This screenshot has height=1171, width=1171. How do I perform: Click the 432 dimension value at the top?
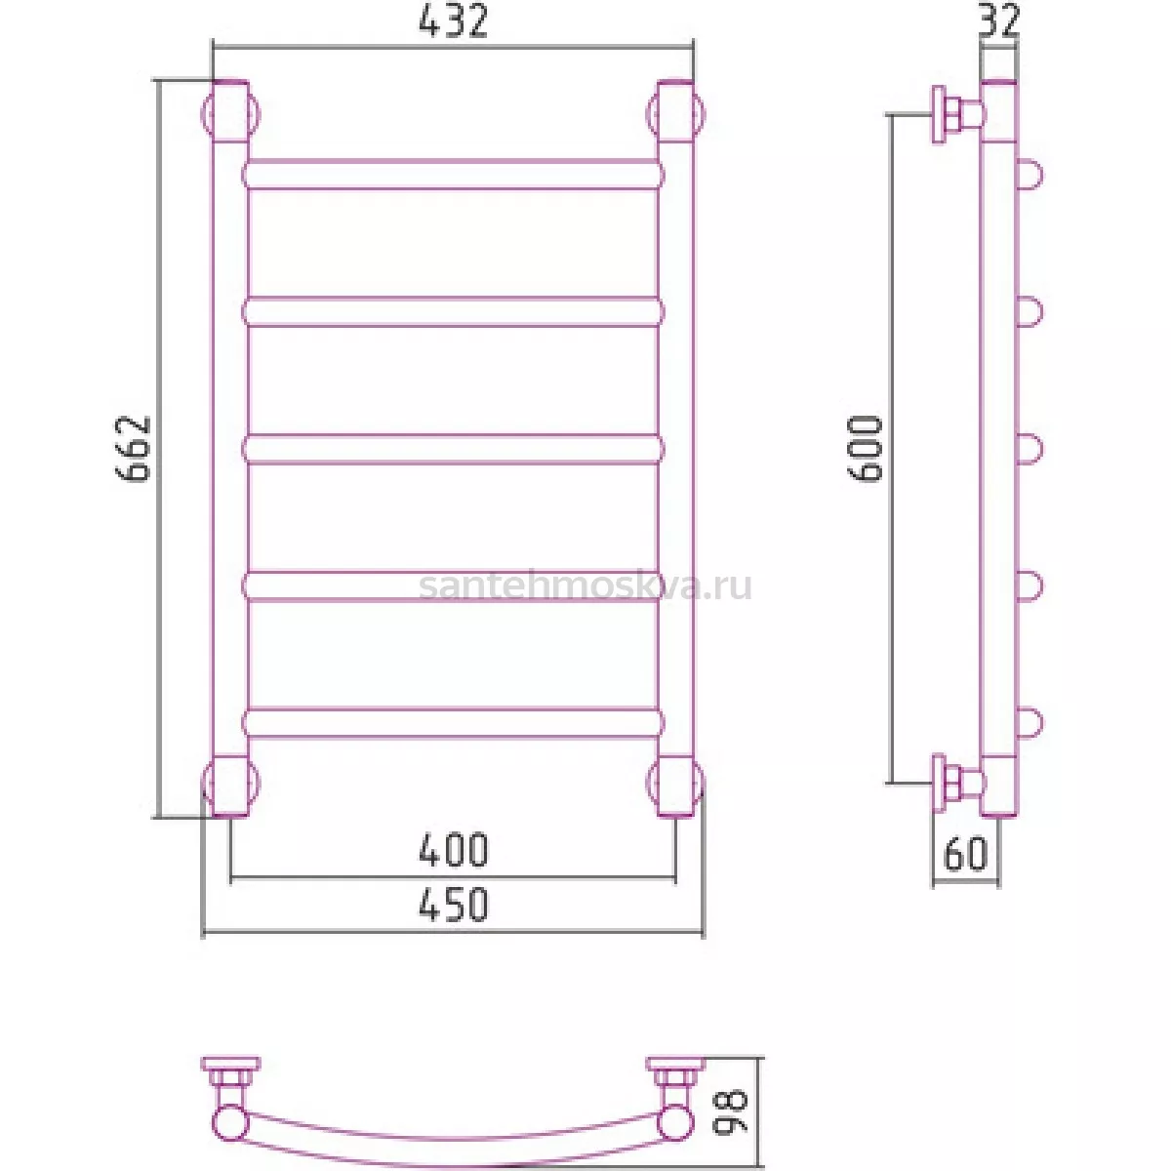tap(453, 21)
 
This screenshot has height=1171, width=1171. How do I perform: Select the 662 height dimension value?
tap(133, 449)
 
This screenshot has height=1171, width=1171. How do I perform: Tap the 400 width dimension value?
tap(454, 850)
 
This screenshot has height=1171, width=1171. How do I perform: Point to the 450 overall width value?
tap(454, 905)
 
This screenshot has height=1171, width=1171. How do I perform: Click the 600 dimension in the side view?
tap(865, 449)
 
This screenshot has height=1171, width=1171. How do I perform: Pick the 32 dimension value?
tap(998, 20)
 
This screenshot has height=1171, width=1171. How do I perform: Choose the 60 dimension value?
tap(966, 854)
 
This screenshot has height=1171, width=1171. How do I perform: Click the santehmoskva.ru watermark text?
tap(585, 586)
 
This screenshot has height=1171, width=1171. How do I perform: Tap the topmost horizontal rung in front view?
tap(453, 175)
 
